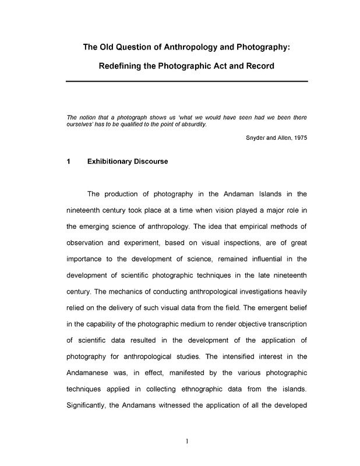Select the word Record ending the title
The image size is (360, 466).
[x=258, y=66]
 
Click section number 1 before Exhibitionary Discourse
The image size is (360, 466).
[x=69, y=161]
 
